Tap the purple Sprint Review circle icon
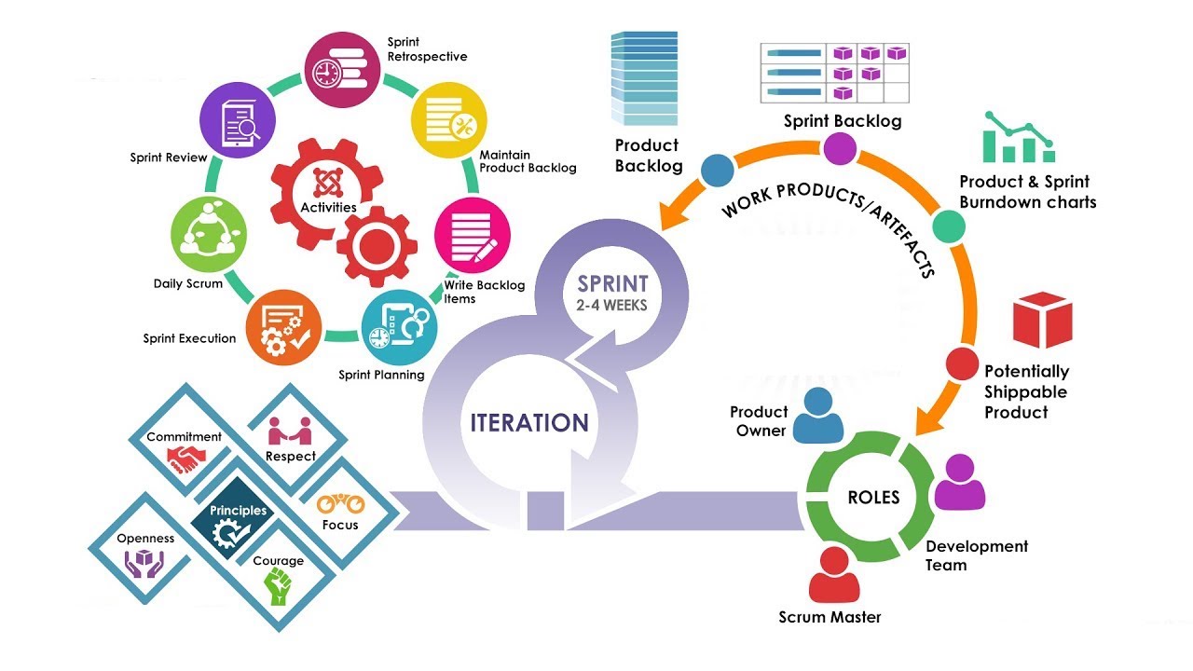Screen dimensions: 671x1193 [x=238, y=117]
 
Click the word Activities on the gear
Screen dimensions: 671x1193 [x=328, y=207]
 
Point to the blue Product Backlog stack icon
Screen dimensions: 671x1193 [x=644, y=78]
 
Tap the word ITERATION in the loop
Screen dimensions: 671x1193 [x=528, y=422]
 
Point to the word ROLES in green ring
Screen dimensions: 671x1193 [x=873, y=497]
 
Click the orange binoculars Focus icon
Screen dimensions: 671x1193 [x=340, y=504]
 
